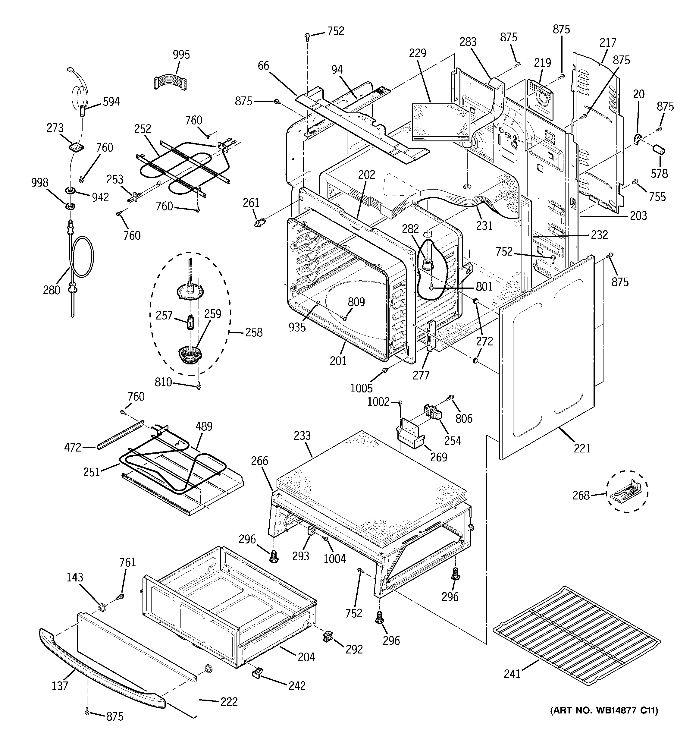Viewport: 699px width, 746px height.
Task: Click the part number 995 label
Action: [181, 55]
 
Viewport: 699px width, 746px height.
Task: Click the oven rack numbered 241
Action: [576, 634]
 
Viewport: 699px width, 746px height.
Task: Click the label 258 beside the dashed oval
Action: [254, 332]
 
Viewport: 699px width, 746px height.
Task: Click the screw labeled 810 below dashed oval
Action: [199, 385]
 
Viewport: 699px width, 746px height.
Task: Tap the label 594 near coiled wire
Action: [111, 102]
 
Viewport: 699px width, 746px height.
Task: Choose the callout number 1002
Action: [378, 402]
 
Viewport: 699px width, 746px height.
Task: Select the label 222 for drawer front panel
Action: [229, 702]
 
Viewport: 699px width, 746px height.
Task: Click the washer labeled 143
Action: [101, 607]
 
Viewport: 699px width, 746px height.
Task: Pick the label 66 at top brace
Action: [263, 66]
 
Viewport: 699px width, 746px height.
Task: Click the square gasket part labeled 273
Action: [77, 147]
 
